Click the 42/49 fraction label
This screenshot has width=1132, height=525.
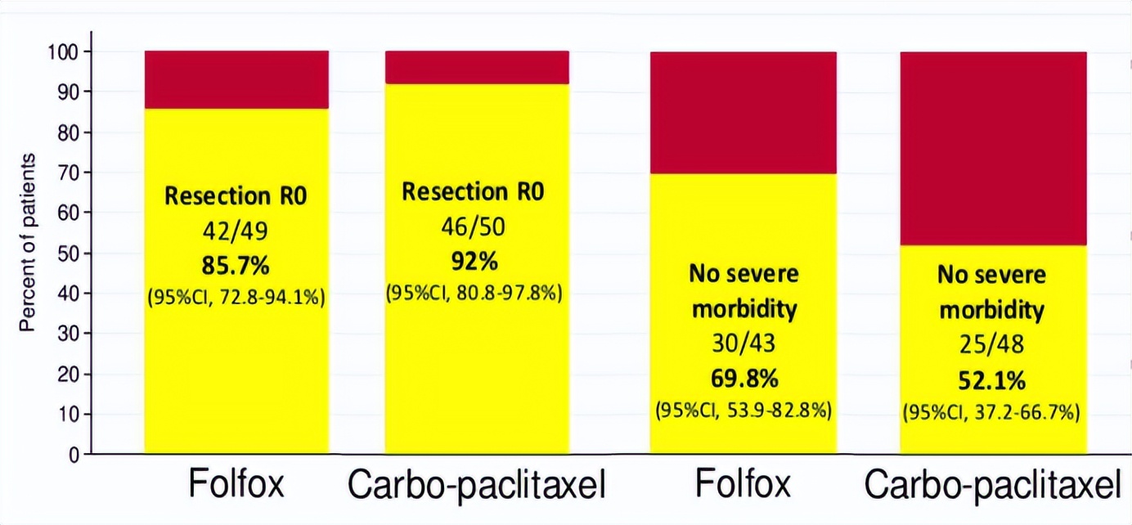point(236,231)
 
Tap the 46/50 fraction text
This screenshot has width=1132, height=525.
point(474,227)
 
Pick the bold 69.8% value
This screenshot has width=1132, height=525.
point(743,379)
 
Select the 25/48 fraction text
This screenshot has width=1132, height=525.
point(991,346)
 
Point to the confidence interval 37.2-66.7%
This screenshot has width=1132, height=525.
point(991,413)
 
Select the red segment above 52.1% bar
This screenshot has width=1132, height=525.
point(993,148)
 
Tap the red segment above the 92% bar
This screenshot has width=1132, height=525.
point(477,67)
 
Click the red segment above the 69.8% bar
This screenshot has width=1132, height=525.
point(743,112)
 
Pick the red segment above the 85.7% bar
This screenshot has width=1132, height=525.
point(236,79)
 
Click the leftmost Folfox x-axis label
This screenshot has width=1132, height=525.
point(236,485)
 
